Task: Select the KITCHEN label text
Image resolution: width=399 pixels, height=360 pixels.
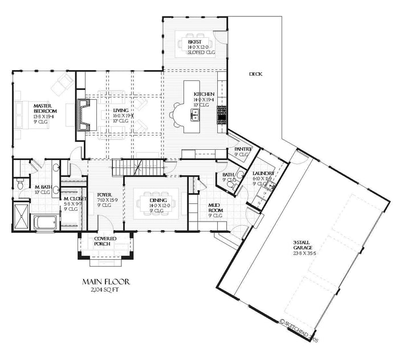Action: [204, 93]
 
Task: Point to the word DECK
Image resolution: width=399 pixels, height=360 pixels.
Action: [255, 74]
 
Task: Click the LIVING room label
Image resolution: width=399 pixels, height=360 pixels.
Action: [121, 112]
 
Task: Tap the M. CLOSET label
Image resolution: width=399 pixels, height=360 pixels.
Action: [74, 199]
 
